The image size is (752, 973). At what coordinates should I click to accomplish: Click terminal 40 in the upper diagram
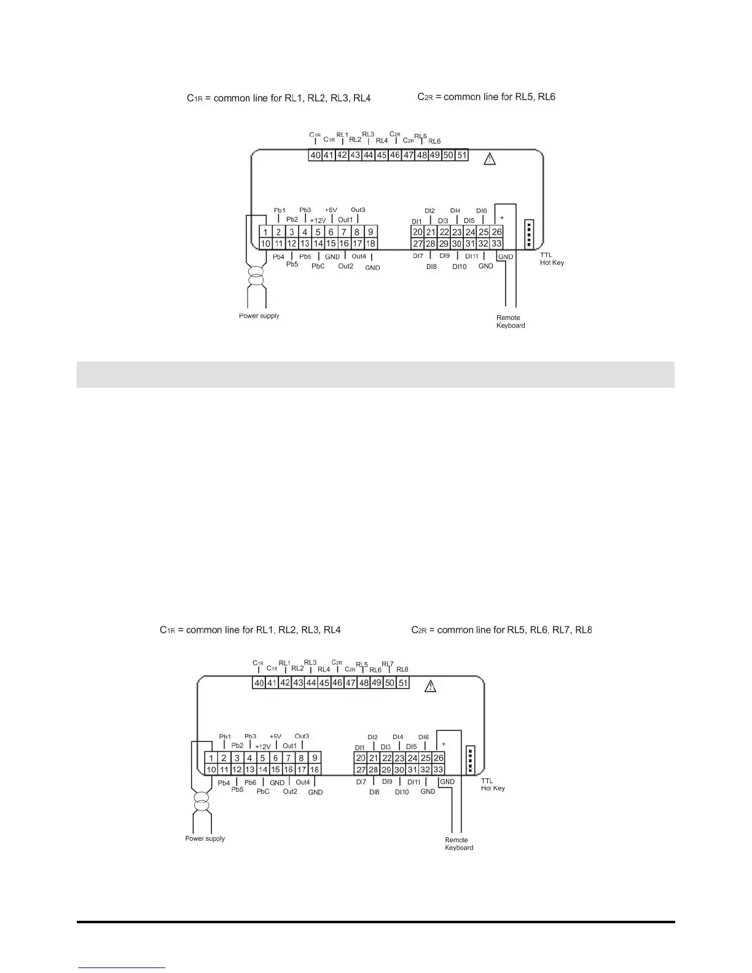tap(315, 155)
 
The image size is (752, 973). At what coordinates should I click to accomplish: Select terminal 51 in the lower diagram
tap(403, 683)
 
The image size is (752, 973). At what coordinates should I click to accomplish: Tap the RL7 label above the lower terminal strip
tap(387, 664)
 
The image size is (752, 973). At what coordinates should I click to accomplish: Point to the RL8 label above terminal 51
tap(402, 670)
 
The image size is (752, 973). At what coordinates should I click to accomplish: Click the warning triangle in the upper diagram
tap(489, 159)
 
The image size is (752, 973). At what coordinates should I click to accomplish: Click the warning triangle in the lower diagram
tap(431, 687)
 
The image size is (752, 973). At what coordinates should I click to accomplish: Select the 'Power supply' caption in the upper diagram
tap(259, 316)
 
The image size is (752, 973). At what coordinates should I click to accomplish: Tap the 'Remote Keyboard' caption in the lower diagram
tap(459, 844)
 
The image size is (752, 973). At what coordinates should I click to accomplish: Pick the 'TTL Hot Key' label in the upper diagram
tap(552, 259)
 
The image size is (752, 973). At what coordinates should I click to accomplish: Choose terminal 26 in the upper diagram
tap(497, 232)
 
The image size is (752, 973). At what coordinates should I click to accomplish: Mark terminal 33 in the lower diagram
tap(438, 770)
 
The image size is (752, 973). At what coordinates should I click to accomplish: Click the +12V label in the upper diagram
tap(318, 221)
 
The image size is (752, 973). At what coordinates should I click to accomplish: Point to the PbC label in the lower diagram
tap(263, 792)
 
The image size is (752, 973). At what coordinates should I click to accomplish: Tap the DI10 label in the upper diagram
tap(460, 267)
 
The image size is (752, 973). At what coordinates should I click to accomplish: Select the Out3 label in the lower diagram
tap(302, 736)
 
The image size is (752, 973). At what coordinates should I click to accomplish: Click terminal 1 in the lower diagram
tap(211, 758)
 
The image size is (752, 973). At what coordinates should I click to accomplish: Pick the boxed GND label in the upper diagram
tap(506, 257)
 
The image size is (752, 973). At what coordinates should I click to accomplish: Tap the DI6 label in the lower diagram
tap(423, 737)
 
